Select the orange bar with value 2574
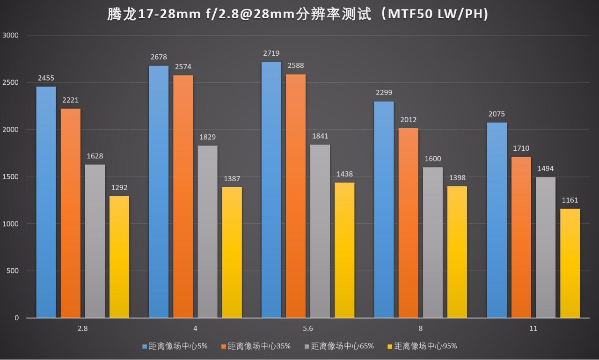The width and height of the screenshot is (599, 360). click(x=183, y=197)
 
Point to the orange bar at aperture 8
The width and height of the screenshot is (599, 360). click(x=409, y=223)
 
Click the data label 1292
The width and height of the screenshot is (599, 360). click(x=119, y=188)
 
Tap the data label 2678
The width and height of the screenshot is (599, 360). click(x=159, y=57)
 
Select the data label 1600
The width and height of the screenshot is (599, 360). click(x=433, y=159)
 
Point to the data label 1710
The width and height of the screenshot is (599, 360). click(x=521, y=148)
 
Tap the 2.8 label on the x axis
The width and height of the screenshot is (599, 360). click(x=83, y=329)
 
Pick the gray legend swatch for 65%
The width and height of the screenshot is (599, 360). click(x=307, y=346)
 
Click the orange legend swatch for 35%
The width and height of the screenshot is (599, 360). click(x=224, y=346)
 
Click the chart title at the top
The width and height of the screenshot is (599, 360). click(x=298, y=15)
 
